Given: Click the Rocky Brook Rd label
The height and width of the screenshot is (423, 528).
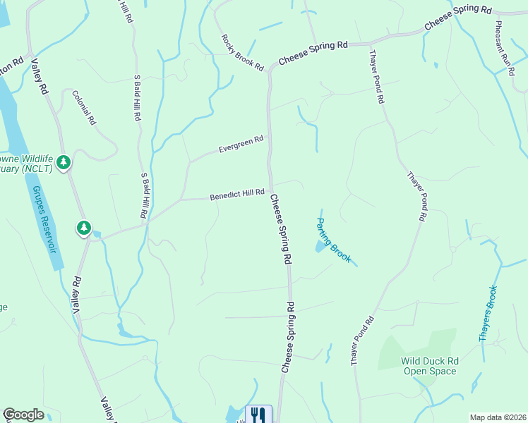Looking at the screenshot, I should click(242, 53).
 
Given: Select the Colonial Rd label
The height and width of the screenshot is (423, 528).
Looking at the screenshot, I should click(83, 108).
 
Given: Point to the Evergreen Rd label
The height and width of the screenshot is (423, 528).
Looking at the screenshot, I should click(241, 144).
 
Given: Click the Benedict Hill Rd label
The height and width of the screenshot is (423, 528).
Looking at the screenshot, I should click(236, 194).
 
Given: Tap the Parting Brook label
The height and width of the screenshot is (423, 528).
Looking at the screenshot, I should click(332, 240).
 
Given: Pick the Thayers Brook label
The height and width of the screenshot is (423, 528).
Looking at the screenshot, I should click(488, 313).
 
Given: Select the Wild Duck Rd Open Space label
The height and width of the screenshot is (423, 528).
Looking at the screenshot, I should click(431, 365).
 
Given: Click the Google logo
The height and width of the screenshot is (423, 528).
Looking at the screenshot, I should click(23, 415).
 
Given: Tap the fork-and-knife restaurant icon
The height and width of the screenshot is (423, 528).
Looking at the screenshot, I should click(258, 415).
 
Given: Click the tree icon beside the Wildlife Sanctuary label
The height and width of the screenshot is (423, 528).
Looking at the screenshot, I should click(64, 163).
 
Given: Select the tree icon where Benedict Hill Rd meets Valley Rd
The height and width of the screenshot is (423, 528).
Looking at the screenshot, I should click(84, 228).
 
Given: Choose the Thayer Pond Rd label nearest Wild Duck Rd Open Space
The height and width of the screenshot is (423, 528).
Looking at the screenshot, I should click(361, 341).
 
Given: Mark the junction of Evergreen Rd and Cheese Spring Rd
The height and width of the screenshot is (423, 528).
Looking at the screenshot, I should click(269, 137).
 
